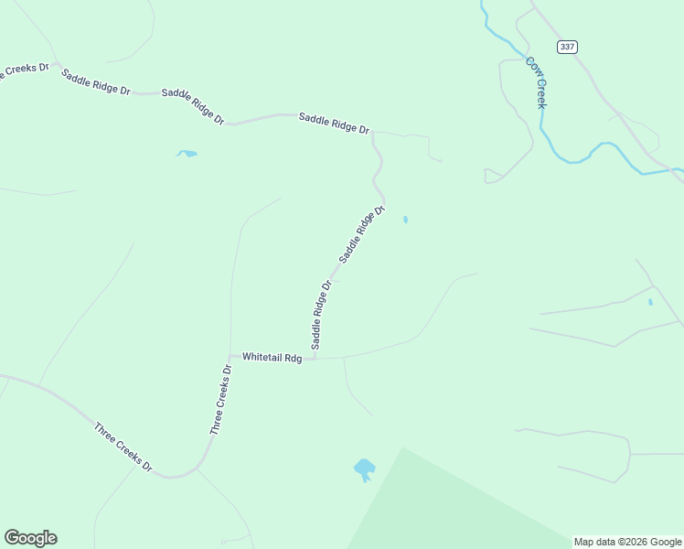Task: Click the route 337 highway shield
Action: (x=567, y=47)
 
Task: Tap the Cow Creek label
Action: (x=536, y=82)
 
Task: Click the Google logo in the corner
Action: (x=30, y=538)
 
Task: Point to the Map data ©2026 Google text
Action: (x=628, y=542)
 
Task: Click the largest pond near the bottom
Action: (x=364, y=469)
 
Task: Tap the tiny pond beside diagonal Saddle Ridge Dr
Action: (x=405, y=220)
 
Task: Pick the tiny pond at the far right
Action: (x=650, y=302)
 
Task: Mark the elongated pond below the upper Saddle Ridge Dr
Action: (x=187, y=154)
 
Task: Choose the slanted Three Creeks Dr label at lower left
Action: (x=123, y=447)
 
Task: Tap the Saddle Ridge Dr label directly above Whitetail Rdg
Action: (x=321, y=315)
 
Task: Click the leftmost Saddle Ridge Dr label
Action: (x=96, y=81)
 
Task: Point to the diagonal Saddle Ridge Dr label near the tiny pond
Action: (x=361, y=237)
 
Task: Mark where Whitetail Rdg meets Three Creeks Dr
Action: (x=230, y=356)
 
